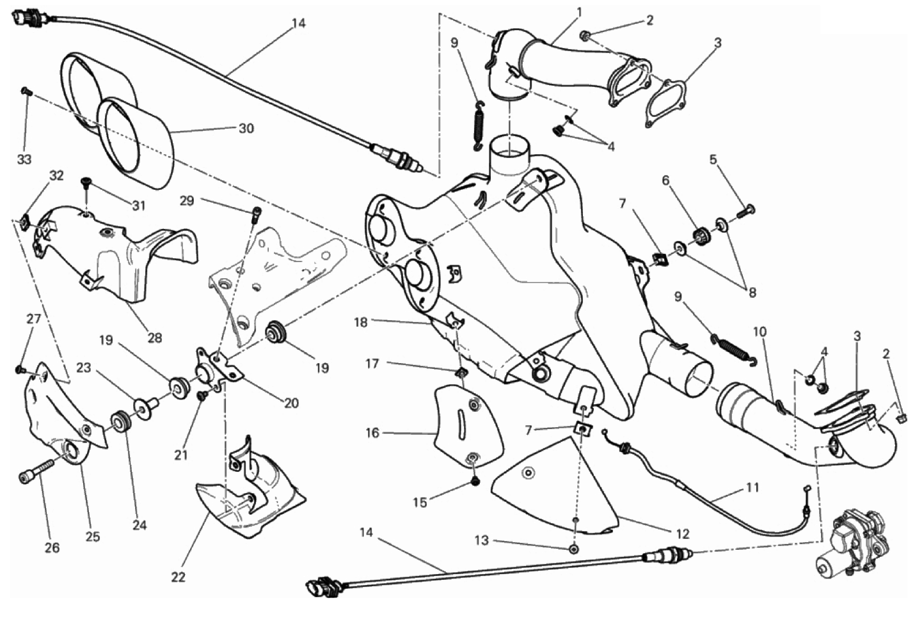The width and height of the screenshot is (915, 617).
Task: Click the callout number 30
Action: (246, 128)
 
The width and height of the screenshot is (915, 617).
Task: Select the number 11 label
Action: (752, 487)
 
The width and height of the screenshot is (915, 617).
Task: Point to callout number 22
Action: (178, 577)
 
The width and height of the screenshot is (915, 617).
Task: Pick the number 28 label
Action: (154, 338)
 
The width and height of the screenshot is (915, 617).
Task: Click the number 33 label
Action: (24, 159)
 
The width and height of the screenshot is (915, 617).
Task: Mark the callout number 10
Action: (760, 332)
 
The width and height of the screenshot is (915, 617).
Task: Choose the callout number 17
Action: (372, 363)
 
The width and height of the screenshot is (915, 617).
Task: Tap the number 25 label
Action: (93, 536)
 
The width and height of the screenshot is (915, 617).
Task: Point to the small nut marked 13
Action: (573, 549)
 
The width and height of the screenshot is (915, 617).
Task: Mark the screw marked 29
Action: (257, 213)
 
